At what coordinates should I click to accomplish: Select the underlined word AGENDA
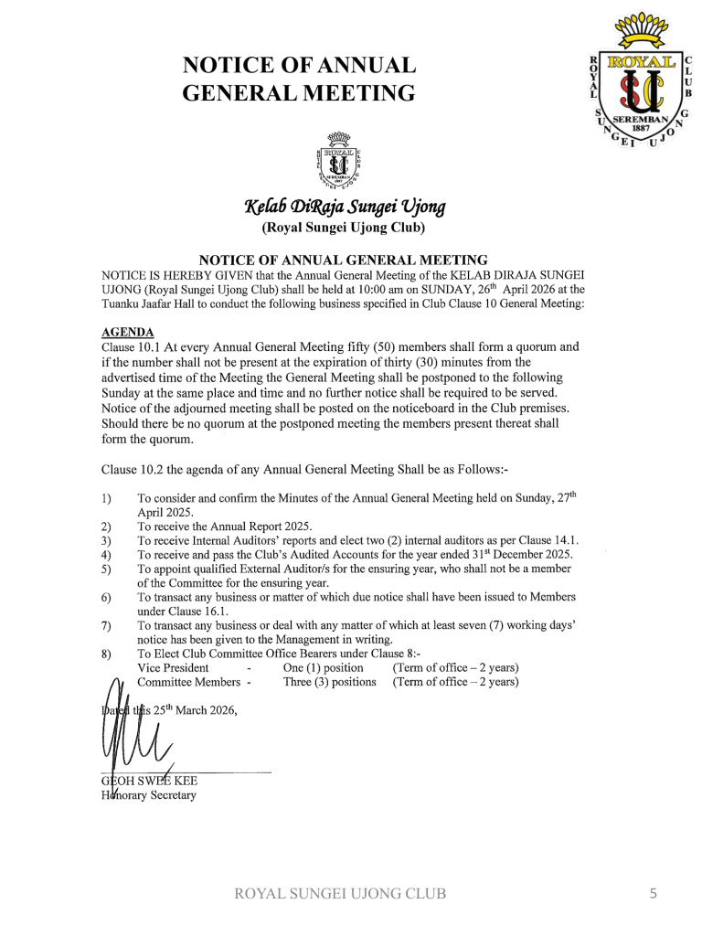coord(128,332)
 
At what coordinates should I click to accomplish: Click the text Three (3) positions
coord(329,682)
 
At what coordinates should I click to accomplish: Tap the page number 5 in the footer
coord(653,894)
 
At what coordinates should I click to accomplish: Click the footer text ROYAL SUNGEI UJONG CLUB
coord(341,894)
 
